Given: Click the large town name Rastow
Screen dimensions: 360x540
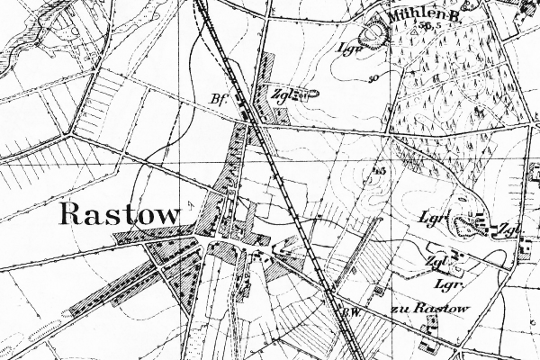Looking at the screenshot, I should pos(121,214).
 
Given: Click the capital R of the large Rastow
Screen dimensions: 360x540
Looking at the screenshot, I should pos(70,214).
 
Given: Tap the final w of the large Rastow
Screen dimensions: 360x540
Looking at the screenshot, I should pos(170,216).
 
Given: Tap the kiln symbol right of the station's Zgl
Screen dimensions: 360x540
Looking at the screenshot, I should pos(303,93).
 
